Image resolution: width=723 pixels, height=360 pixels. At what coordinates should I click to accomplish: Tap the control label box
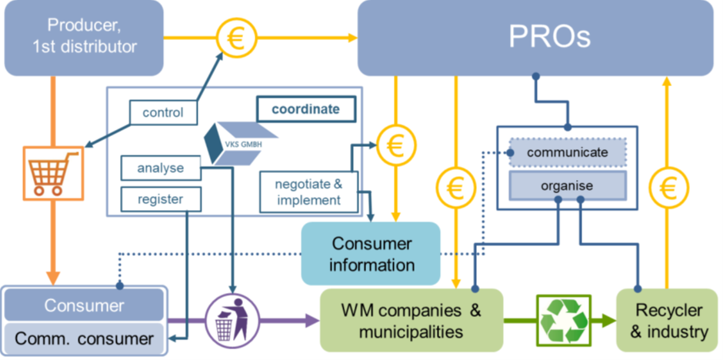pos(162,113)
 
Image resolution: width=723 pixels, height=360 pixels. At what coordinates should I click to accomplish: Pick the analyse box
pos(161,168)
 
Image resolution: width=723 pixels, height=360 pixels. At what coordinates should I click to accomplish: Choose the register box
pos(161,199)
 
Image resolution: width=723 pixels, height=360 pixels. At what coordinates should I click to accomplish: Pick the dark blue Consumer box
pos(84,305)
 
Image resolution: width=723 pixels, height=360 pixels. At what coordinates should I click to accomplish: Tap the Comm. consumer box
pos(84,338)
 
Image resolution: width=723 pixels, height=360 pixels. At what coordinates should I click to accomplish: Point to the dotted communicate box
pos(568,152)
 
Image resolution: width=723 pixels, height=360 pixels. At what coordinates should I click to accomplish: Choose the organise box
pos(568,185)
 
